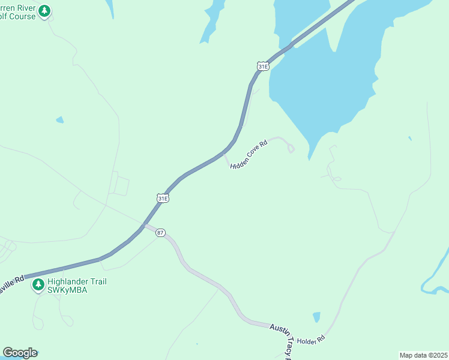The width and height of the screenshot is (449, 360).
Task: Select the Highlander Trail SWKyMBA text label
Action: (77, 286)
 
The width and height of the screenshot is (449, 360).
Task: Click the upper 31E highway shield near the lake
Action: (262, 67)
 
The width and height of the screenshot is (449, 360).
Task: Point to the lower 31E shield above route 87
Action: (163, 198)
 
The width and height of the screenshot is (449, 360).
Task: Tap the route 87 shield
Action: (160, 233)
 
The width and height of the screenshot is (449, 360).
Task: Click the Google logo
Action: (20, 353)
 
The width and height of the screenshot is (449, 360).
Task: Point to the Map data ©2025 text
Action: (423, 355)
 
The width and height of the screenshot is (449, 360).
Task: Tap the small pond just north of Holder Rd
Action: (316, 317)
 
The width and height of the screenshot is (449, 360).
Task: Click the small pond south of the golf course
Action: (60, 120)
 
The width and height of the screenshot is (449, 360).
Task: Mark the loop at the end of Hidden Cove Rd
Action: (291, 148)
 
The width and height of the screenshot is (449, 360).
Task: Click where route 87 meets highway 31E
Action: (143, 226)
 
